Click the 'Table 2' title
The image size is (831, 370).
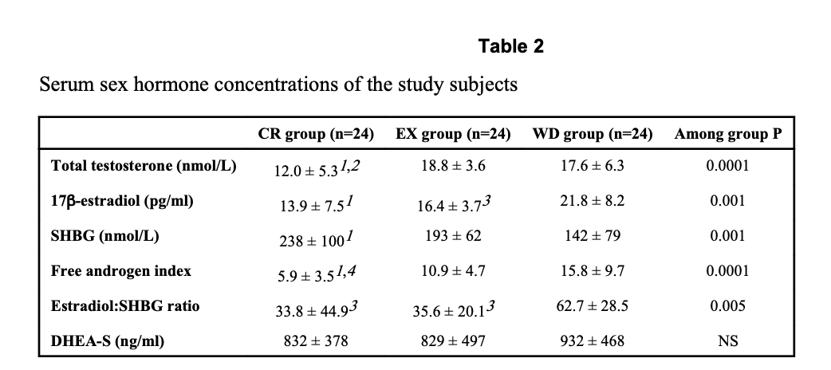coord(511,46)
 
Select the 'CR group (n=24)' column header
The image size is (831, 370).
coord(317,134)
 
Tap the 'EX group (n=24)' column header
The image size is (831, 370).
coord(453,134)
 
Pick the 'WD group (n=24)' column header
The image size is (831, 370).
coord(593,134)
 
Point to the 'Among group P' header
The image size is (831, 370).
coord(727,134)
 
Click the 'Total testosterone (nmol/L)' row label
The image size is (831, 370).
coord(144,166)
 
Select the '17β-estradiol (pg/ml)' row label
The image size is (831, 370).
coord(122,202)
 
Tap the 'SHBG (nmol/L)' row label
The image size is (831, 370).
coord(105,236)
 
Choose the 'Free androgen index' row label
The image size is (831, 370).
coord(121,271)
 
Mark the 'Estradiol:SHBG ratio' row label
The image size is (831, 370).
coord(125,306)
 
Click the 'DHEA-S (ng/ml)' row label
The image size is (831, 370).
coord(108,340)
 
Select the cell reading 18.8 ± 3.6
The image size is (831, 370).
coord(453,166)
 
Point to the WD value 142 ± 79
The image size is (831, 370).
coord(593,236)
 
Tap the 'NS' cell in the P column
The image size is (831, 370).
coord(727,340)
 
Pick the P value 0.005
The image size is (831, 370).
coord(727,306)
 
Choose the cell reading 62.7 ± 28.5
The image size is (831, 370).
coord(593,306)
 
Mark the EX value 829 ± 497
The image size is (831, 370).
coord(453,340)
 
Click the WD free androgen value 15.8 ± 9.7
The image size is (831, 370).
coord(593,271)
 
